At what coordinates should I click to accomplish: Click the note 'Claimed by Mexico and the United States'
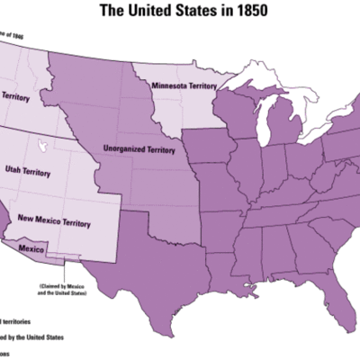click(x=66, y=291)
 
